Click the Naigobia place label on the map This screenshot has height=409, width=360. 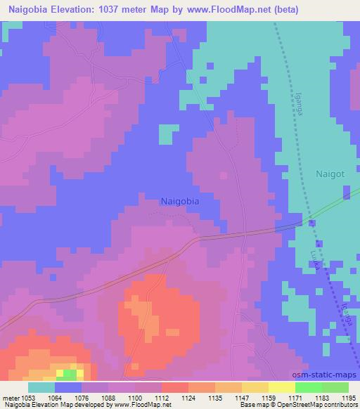tap(180, 200)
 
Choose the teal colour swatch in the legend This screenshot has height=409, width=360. tap(41, 387)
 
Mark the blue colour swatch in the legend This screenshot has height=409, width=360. tap(68, 387)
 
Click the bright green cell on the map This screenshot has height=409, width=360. tap(61, 372)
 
